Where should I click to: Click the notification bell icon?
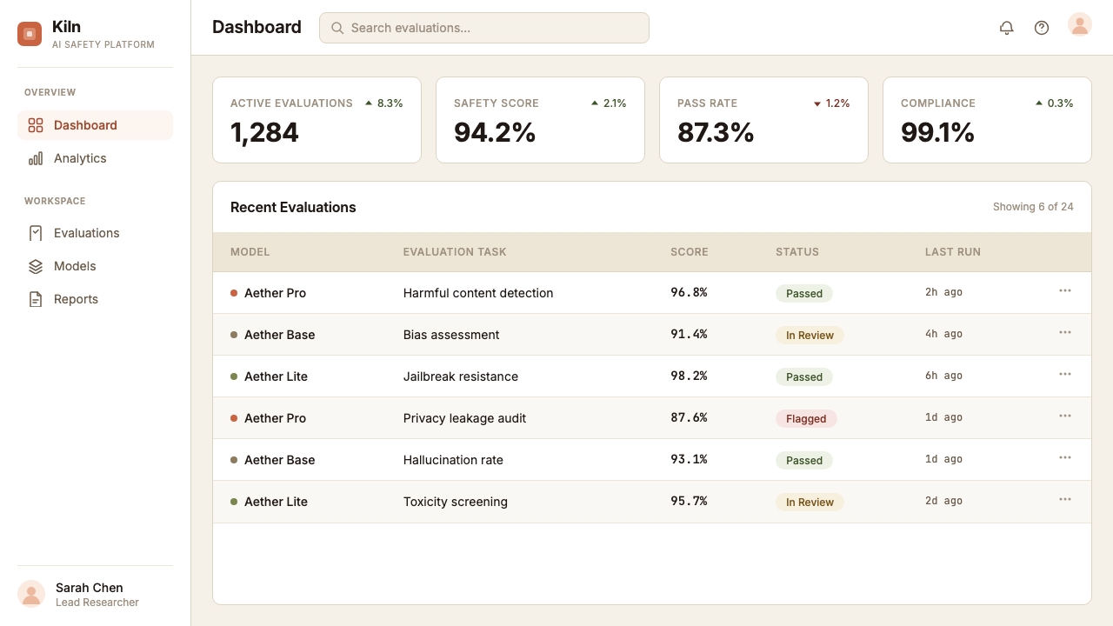click(x=1006, y=28)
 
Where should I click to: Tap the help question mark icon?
click(x=1042, y=28)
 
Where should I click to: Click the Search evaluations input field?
click(x=484, y=28)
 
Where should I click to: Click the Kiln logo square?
click(x=30, y=34)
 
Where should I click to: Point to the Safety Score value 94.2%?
click(x=495, y=133)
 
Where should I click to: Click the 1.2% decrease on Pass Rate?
click(x=831, y=103)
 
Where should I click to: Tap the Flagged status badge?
click(x=806, y=419)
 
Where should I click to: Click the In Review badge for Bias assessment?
click(x=810, y=336)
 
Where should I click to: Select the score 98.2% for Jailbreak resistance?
click(x=689, y=376)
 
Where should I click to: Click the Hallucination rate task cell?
click(x=453, y=460)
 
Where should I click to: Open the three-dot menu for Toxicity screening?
click(x=1065, y=499)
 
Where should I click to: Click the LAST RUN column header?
click(x=952, y=252)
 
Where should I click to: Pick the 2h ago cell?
click(x=943, y=292)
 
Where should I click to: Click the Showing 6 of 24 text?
click(x=1033, y=207)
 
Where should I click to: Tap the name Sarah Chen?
click(x=89, y=588)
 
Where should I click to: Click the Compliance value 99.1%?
click(x=937, y=133)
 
